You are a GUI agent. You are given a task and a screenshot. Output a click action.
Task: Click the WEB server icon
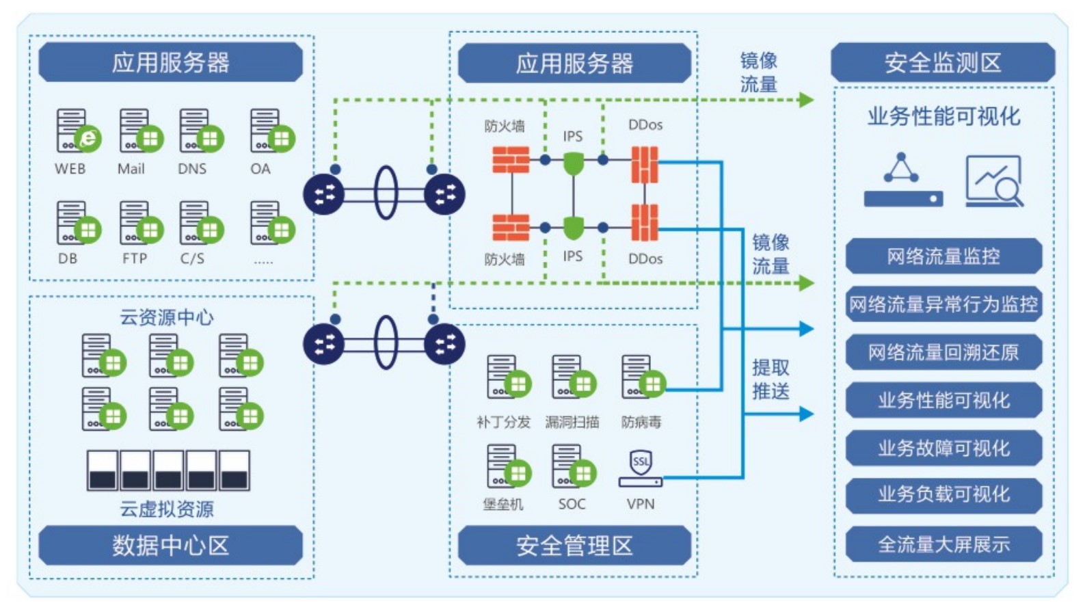pos(77,131)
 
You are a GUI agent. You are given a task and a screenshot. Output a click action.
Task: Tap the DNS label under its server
pos(192,169)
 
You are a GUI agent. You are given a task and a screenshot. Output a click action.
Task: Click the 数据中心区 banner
pos(170,546)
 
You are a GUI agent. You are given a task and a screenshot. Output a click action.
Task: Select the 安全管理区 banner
pos(574,546)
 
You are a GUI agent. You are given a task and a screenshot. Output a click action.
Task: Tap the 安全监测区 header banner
pos(942,63)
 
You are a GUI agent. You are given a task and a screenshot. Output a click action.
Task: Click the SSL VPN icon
pos(641,468)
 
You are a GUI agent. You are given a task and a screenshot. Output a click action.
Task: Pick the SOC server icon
pos(572,466)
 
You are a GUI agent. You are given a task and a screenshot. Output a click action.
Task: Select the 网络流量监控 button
pos(943,256)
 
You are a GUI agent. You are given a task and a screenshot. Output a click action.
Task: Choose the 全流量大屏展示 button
pos(943,544)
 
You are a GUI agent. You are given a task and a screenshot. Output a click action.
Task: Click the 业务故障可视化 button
pos(943,449)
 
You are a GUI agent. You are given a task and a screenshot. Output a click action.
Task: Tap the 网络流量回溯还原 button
pos(943,352)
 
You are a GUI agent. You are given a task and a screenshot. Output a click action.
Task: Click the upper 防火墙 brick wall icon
pos(511,160)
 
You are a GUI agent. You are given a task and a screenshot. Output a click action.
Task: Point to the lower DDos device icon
pos(644,223)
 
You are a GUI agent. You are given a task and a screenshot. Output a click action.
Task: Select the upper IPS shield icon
pos(573,163)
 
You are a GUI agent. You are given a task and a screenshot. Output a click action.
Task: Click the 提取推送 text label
pos(771,379)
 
